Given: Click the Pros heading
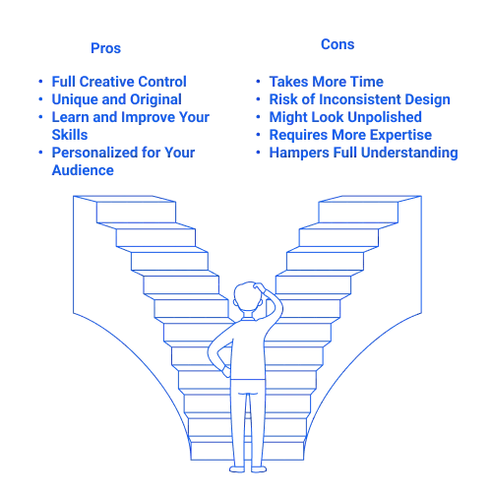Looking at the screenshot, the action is (105, 48).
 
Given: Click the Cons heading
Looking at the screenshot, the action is (338, 44).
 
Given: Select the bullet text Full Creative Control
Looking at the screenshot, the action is (119, 82).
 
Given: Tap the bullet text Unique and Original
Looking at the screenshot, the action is (116, 99).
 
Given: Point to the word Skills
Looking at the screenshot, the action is (70, 135).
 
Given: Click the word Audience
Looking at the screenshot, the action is (83, 170).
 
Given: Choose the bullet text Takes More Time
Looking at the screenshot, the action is (327, 82).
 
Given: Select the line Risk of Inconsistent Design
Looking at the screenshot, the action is (360, 99).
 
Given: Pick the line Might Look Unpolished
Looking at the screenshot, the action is (345, 117).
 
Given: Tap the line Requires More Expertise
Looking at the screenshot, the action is (350, 135).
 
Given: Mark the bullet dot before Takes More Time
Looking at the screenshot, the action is (258, 81).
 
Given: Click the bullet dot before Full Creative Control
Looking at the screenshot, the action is (40, 81).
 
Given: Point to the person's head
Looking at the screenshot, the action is (248, 297).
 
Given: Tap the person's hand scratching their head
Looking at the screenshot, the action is (259, 286).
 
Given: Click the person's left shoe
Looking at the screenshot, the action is (237, 469).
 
